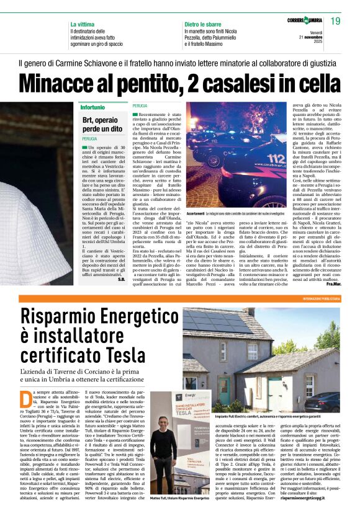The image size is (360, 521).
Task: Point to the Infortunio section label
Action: tap(93, 108)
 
